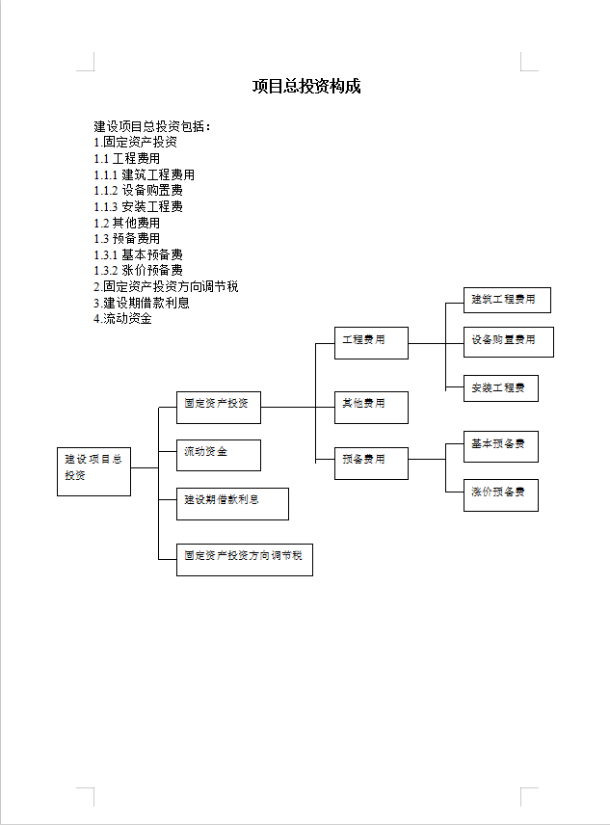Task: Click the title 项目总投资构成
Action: tap(306, 86)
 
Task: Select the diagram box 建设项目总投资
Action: tap(93, 471)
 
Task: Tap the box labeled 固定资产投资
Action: tap(218, 408)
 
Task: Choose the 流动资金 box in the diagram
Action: tap(218, 455)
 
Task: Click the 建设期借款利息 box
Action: tap(232, 503)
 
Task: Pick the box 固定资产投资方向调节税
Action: tap(245, 560)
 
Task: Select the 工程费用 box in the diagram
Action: tap(371, 343)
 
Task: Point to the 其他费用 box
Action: tap(371, 408)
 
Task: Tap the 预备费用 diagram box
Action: tap(371, 464)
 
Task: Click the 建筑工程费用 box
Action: tap(507, 300)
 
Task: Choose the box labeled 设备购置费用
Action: tap(509, 342)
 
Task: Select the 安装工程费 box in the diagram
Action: tap(500, 388)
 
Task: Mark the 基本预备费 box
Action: tap(500, 446)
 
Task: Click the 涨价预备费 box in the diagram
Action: tap(500, 495)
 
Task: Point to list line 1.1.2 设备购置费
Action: tap(139, 191)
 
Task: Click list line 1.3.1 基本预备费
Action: tap(139, 254)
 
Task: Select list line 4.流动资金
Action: tap(122, 318)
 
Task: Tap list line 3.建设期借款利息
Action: tap(142, 303)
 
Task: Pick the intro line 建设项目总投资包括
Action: tap(152, 126)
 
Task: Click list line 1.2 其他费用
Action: tap(127, 223)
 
